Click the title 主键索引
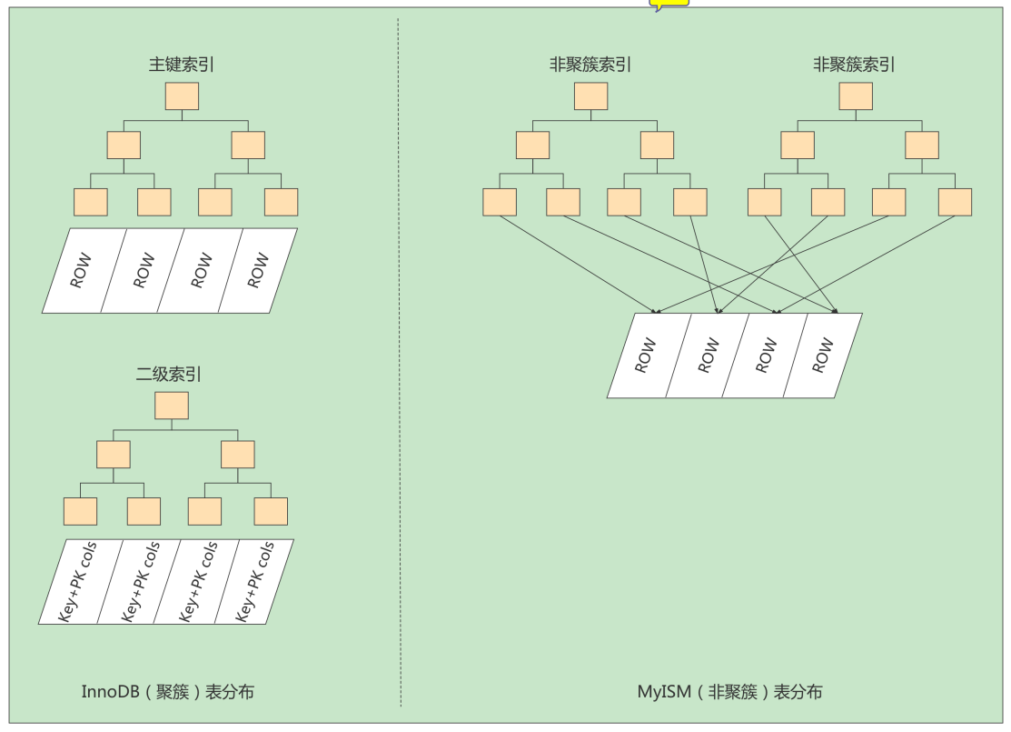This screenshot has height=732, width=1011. pyautogui.click(x=181, y=65)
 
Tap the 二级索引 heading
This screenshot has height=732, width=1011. pyautogui.click(x=168, y=375)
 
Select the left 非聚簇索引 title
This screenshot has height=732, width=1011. pyautogui.click(x=590, y=65)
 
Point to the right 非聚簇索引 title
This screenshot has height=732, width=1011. pyautogui.click(x=854, y=65)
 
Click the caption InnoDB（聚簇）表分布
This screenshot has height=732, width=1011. pyautogui.click(x=168, y=692)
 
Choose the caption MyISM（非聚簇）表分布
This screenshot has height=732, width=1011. pyautogui.click(x=730, y=692)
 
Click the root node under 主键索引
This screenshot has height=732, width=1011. pyautogui.click(x=182, y=96)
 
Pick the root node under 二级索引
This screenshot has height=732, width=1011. pyautogui.click(x=172, y=406)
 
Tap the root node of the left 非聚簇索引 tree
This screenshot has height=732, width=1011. pyautogui.click(x=590, y=96)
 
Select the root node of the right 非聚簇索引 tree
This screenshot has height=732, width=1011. pyautogui.click(x=856, y=96)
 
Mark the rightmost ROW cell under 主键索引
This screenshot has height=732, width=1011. pyautogui.click(x=258, y=270)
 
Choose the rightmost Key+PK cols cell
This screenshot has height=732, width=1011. pyautogui.click(x=254, y=582)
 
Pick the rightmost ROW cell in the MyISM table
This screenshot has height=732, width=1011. pyautogui.click(x=823, y=356)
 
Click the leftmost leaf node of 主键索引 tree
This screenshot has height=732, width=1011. pyautogui.click(x=91, y=202)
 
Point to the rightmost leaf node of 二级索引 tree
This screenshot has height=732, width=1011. pyautogui.click(x=271, y=511)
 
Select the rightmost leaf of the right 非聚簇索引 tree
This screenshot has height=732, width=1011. pyautogui.click(x=955, y=202)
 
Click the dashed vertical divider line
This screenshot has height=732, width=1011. pyautogui.click(x=399, y=362)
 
